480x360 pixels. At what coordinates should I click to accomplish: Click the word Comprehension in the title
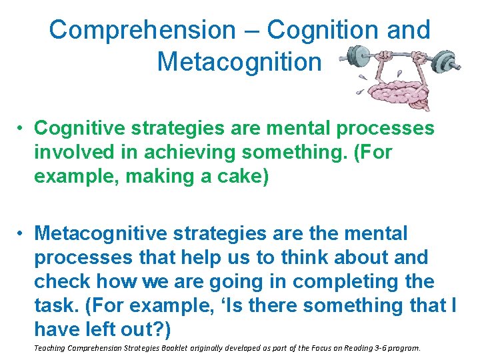coord(142,30)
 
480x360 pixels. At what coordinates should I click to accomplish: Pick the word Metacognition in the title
coord(239,61)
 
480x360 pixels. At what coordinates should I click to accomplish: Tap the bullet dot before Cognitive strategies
coord(22,129)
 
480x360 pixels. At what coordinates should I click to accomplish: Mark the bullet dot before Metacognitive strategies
coord(22,234)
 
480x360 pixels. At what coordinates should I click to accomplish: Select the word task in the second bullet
coord(54,305)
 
